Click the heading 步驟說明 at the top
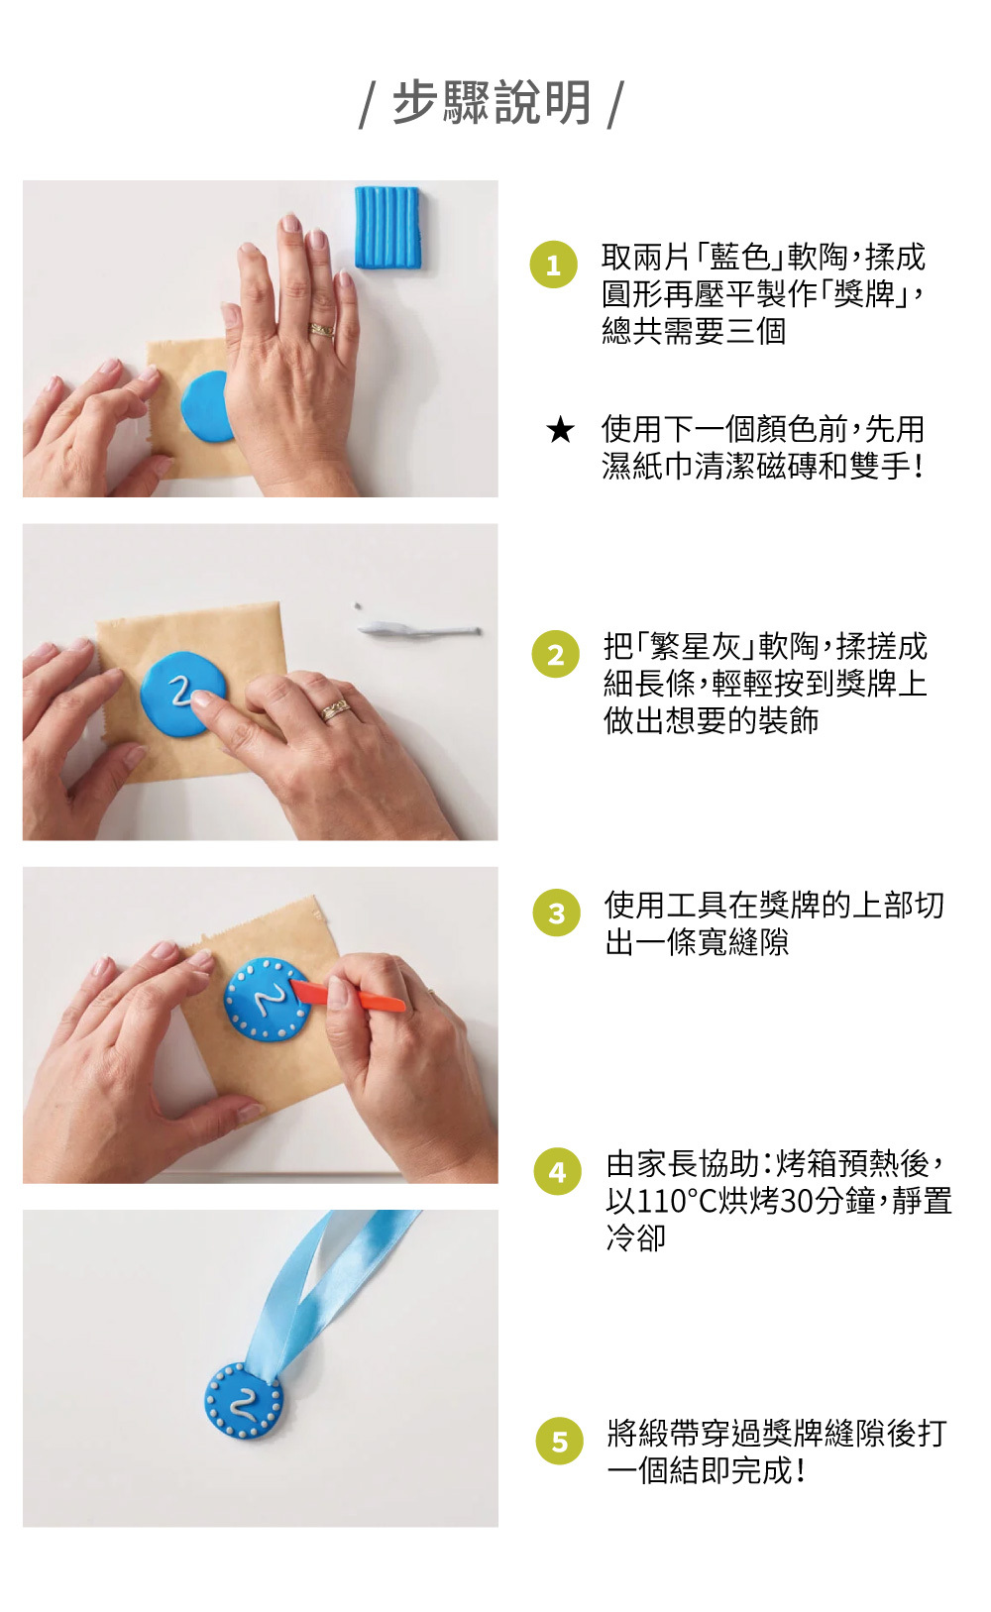tap(493, 102)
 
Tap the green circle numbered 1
tap(553, 265)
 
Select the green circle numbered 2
tap(556, 654)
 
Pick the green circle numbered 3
tap(556, 913)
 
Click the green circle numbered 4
tap(558, 1171)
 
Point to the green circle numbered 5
tap(559, 1441)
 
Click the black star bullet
tap(560, 430)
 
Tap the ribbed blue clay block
tap(387, 227)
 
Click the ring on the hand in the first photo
tap(322, 330)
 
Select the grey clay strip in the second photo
tap(419, 630)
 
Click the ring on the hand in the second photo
tap(335, 710)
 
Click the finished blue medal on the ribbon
tap(244, 1400)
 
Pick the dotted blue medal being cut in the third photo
tap(267, 999)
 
